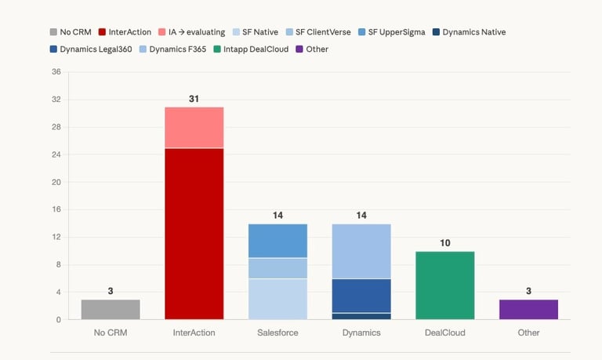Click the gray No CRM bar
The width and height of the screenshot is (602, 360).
point(111,309)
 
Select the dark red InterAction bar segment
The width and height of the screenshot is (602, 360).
point(194,234)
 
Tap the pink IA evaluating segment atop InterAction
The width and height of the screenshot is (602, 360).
point(194,127)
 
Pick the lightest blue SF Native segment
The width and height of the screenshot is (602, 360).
point(277,299)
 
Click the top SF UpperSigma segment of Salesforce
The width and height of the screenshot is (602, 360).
point(277,241)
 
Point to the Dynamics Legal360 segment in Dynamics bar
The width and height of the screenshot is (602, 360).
point(361,296)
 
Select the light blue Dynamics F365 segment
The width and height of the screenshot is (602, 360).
point(361,251)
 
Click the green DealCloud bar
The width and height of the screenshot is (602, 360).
point(445,285)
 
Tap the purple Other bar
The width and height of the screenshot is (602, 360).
point(528,309)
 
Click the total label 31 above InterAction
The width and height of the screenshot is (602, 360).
point(194,99)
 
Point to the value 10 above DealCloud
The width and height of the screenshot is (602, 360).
point(445,243)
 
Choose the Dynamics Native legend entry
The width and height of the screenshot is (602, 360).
point(469,32)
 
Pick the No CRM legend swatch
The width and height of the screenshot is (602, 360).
point(53,32)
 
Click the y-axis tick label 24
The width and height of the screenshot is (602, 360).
point(56,155)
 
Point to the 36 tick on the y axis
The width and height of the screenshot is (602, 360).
point(56,72)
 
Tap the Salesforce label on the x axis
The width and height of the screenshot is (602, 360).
point(277,333)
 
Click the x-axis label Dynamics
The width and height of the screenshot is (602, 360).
point(361,333)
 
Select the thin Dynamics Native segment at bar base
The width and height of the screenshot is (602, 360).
point(361,316)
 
